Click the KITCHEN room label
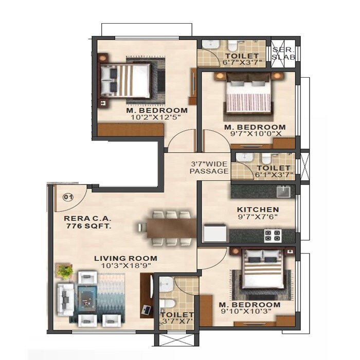tap(258, 210)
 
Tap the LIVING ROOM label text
tap(125, 258)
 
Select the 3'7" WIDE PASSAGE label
tap(209, 167)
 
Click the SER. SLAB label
tap(283, 53)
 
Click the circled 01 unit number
tap(67, 196)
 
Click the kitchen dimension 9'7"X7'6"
tap(258, 218)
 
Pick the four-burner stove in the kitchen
tap(273, 236)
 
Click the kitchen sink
tap(282, 192)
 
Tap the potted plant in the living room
tap(64, 271)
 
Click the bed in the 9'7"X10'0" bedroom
tap(248, 96)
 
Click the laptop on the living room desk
tap(146, 310)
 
